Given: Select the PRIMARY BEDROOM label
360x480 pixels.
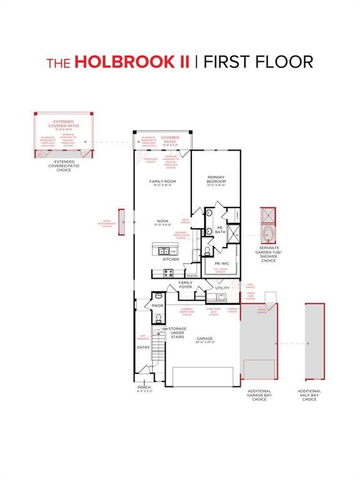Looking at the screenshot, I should (x=216, y=179).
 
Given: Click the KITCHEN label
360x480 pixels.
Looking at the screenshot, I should (x=171, y=259).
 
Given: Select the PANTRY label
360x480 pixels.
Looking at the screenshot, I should (x=192, y=276).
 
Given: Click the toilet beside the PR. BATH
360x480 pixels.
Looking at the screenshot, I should (x=207, y=252).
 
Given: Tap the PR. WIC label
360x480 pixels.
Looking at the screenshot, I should (x=221, y=263).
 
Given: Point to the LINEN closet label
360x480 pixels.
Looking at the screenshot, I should (x=237, y=215).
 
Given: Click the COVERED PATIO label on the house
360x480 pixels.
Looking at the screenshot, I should (x=170, y=139).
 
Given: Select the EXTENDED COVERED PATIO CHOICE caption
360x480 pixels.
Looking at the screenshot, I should (x=63, y=166).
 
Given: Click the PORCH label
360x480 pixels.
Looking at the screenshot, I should (x=144, y=389).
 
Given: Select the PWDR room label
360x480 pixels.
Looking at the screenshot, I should (x=157, y=306).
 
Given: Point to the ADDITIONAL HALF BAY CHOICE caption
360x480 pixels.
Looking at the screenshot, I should (x=309, y=396).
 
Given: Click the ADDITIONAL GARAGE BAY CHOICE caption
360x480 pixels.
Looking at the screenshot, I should (x=259, y=396).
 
